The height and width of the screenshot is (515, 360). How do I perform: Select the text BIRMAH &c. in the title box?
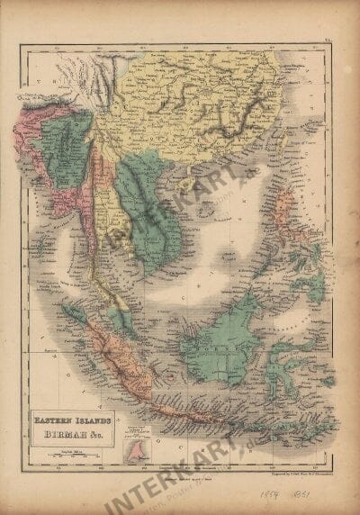point(72,430)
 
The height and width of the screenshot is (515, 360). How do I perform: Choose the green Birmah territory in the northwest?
point(67,144)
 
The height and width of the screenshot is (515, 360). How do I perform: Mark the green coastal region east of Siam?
point(148,216)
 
